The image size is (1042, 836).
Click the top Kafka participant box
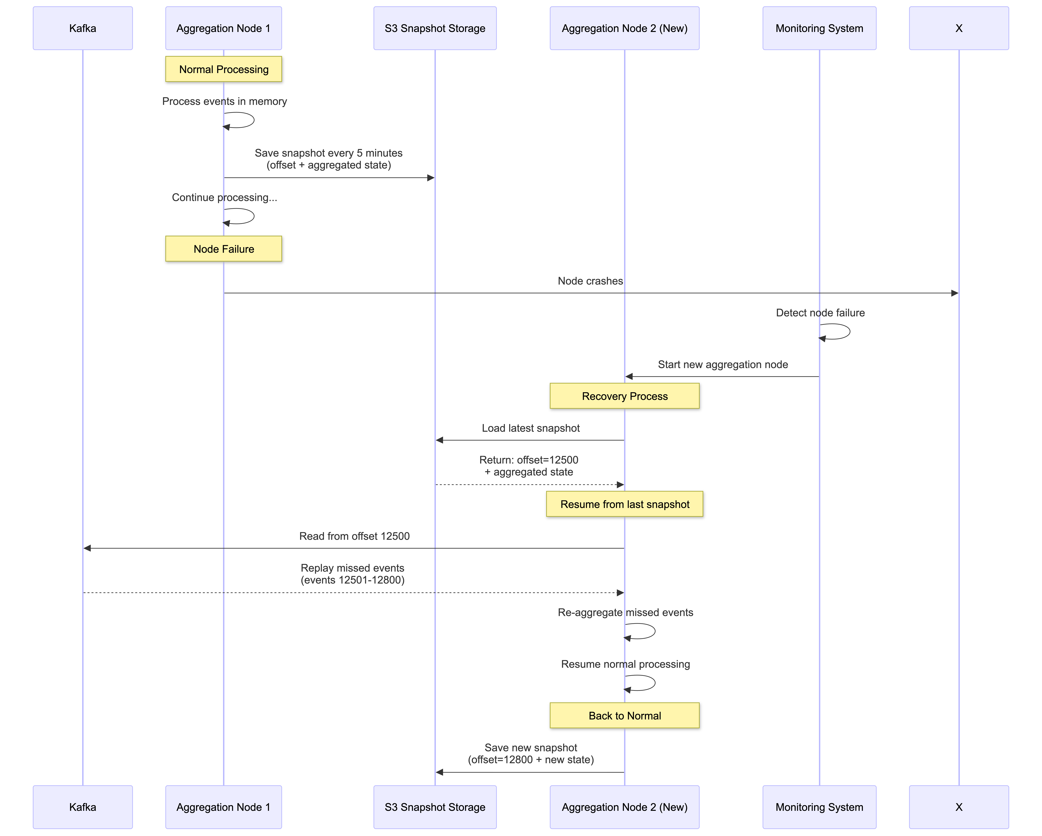83,28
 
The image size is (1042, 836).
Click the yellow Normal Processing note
223,69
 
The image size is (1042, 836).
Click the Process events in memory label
224,101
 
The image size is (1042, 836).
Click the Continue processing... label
224,197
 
